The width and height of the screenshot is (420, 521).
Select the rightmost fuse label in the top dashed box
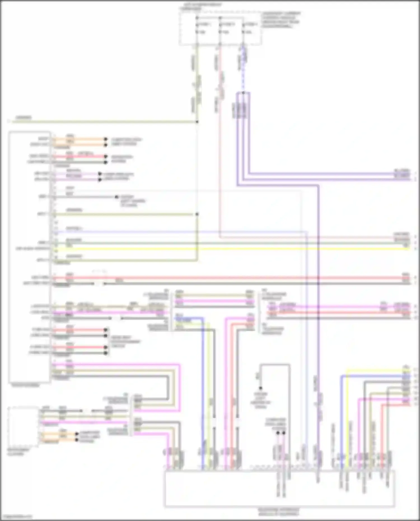[251, 25]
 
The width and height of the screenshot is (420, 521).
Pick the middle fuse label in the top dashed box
[228, 25]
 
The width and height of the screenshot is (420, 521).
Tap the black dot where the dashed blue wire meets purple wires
[243, 93]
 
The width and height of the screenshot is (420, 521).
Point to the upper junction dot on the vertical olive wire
[197, 122]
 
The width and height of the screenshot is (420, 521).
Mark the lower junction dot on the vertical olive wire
[197, 214]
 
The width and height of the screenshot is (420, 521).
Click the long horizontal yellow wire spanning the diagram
[224, 248]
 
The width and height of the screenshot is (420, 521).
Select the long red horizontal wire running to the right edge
[224, 278]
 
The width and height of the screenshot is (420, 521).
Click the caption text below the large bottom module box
[279, 512]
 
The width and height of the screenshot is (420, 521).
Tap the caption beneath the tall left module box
[25, 386]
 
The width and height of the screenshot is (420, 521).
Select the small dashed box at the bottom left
[24, 427]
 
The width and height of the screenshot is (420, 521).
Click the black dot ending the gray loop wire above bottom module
[260, 388]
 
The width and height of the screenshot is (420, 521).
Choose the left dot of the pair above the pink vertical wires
[278, 433]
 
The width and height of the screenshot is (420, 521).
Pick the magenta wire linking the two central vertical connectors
[214, 301]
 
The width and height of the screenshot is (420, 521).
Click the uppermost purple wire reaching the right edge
[322, 174]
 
